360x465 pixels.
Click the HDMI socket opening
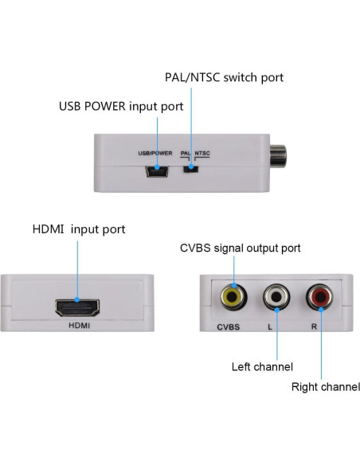(76, 307)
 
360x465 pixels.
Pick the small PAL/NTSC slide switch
(190, 168)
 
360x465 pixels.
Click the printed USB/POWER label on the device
(155, 152)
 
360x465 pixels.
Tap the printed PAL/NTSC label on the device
(195, 152)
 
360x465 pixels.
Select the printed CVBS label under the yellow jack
(229, 327)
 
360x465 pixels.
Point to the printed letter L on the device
(273, 327)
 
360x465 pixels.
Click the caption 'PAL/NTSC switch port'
(224, 78)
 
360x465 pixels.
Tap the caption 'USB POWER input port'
(121, 106)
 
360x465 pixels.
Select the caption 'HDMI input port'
(78, 229)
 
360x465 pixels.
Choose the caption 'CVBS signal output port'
(240, 248)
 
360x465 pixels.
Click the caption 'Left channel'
(262, 367)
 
